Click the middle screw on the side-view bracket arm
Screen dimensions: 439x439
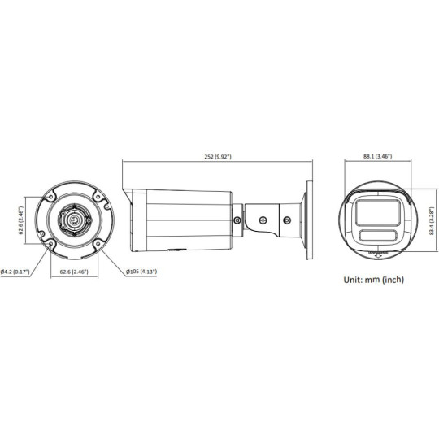[263, 217]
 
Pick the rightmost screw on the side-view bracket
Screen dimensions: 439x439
[287, 217]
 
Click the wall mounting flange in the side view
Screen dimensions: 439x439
[310, 218]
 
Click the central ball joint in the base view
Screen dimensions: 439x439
[74, 219]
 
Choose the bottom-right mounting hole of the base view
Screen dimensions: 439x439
[96, 242]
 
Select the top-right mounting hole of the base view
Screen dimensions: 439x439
[96, 195]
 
